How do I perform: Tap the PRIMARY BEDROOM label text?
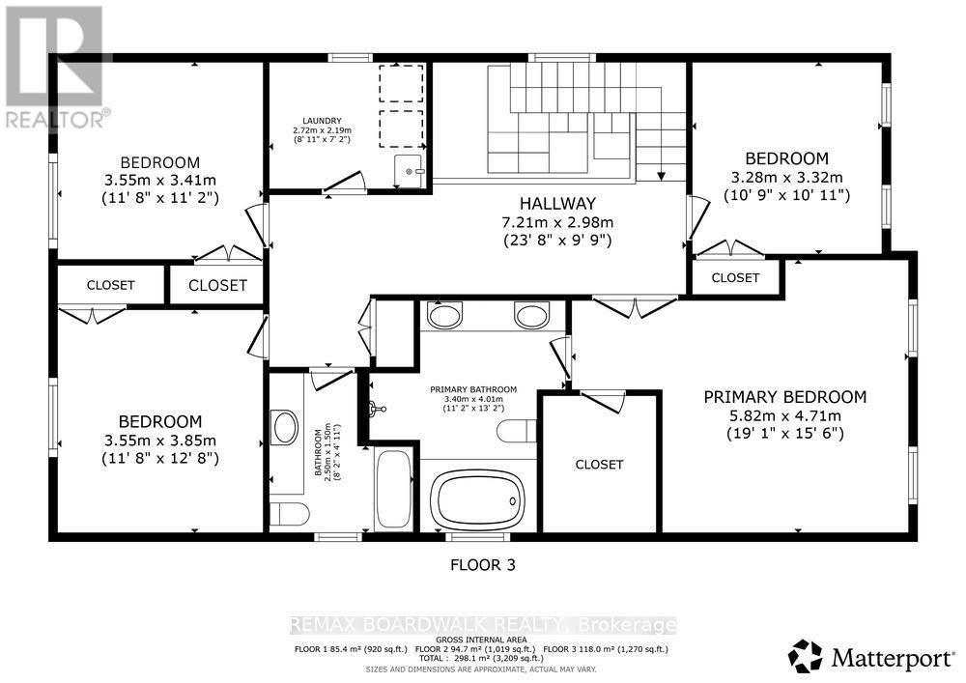pyautogui.click(x=784, y=397)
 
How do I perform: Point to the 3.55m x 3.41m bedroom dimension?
pyautogui.click(x=159, y=180)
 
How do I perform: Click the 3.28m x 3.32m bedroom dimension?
pyautogui.click(x=786, y=177)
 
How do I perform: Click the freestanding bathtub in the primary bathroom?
pyautogui.click(x=479, y=498)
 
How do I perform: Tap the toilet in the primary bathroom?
pyautogui.click(x=516, y=431)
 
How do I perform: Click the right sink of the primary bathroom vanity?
pyautogui.click(x=531, y=315)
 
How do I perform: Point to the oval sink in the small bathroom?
pyautogui.click(x=285, y=427)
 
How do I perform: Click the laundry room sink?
pyautogui.click(x=411, y=170)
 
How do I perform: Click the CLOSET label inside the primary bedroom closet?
pyautogui.click(x=599, y=465)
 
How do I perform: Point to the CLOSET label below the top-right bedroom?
pyautogui.click(x=735, y=277)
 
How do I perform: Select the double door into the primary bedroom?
pyautogui.click(x=634, y=308)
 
